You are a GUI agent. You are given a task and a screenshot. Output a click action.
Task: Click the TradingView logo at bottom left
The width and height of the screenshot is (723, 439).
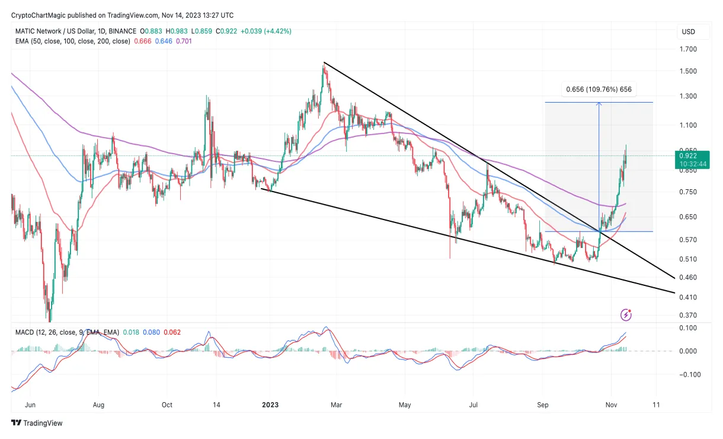(37, 423)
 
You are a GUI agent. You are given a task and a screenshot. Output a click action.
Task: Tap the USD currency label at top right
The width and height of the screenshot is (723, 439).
(688, 31)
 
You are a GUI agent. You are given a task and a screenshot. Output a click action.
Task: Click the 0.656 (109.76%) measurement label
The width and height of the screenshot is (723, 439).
(599, 90)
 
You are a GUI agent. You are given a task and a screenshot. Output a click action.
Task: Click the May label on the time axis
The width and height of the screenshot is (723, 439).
(405, 405)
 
